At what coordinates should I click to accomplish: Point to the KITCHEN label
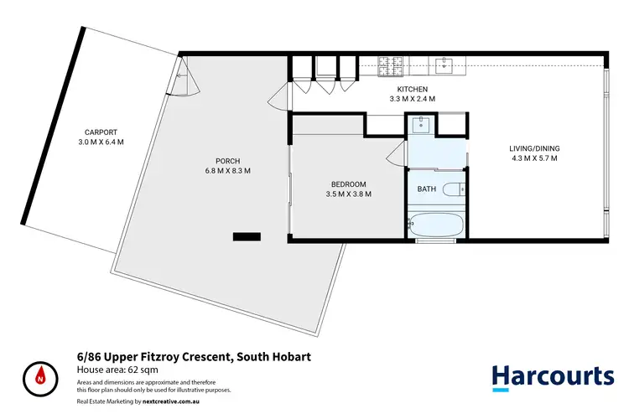[413, 89]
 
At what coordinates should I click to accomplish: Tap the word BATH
[426, 189]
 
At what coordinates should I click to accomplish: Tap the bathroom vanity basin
[420, 124]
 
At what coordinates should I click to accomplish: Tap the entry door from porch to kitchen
[278, 99]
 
